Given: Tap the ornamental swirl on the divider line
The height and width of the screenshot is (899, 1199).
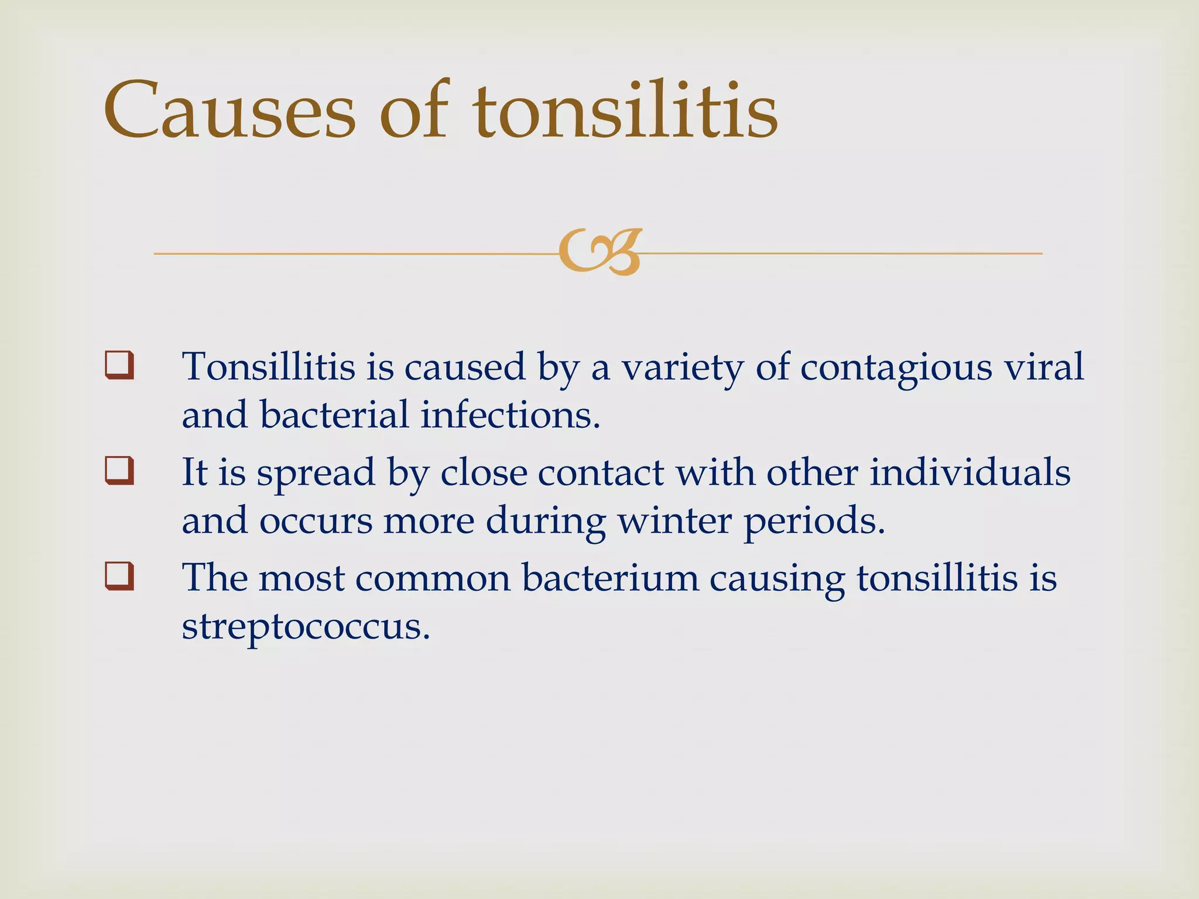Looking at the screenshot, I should tap(601, 252).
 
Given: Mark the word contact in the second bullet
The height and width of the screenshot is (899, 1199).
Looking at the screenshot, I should tap(601, 472).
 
